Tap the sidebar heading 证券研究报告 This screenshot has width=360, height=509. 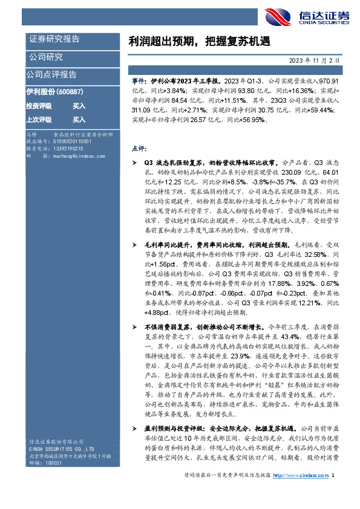(x=54, y=39)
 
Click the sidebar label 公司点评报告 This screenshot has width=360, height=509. (x=51, y=75)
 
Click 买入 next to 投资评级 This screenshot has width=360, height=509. (x=79, y=106)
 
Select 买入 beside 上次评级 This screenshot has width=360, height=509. (x=79, y=120)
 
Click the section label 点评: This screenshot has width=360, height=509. (x=137, y=148)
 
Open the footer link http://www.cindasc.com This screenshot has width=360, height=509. (x=301, y=493)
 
